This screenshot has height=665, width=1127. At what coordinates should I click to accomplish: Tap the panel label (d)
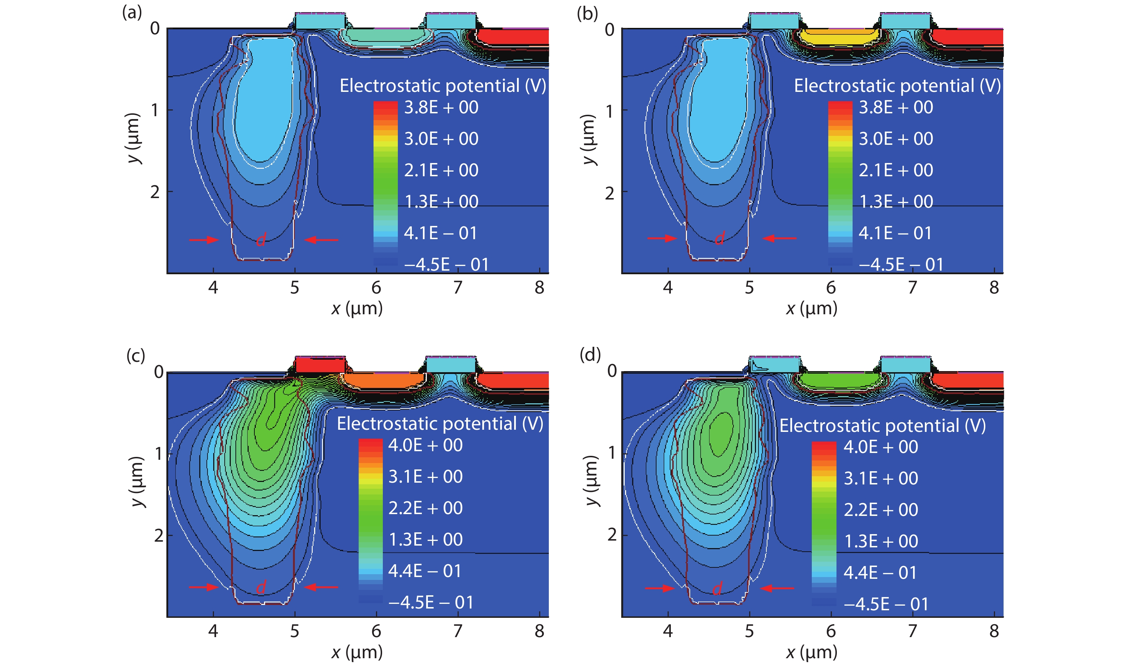590,355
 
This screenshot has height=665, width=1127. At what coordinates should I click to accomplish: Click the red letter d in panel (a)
261,240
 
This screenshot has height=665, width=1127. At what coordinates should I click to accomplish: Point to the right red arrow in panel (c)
321,587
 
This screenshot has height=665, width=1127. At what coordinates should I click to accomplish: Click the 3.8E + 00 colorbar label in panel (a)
441,108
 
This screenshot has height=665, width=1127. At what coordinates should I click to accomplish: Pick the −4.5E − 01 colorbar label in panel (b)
901,264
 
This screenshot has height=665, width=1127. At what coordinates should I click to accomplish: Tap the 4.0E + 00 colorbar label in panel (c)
425,445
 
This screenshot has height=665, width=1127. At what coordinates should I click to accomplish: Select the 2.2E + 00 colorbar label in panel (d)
880,510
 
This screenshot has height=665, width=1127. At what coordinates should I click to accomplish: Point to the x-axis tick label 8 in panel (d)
994,631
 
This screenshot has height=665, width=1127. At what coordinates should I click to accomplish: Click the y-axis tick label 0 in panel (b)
609,30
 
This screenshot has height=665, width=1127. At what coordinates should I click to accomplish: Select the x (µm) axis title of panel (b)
811,309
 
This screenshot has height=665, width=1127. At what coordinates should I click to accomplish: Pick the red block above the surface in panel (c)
319,365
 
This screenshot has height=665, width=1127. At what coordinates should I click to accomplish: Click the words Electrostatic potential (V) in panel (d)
882,426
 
